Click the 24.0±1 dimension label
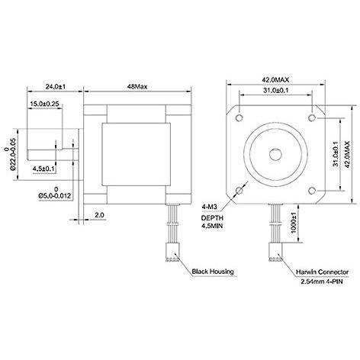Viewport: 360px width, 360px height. click(x=56, y=87)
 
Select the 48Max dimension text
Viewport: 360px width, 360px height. click(x=137, y=87)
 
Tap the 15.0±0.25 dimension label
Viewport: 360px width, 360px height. click(x=44, y=104)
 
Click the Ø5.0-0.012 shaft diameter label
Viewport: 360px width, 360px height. click(x=55, y=196)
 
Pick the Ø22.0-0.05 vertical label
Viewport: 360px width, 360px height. click(x=13, y=154)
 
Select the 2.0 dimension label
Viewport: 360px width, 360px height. click(x=99, y=215)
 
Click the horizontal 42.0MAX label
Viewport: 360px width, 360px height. click(x=276, y=80)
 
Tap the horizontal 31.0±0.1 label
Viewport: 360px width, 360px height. click(x=276, y=90)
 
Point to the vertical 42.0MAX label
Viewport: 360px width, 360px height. click(x=347, y=154)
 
